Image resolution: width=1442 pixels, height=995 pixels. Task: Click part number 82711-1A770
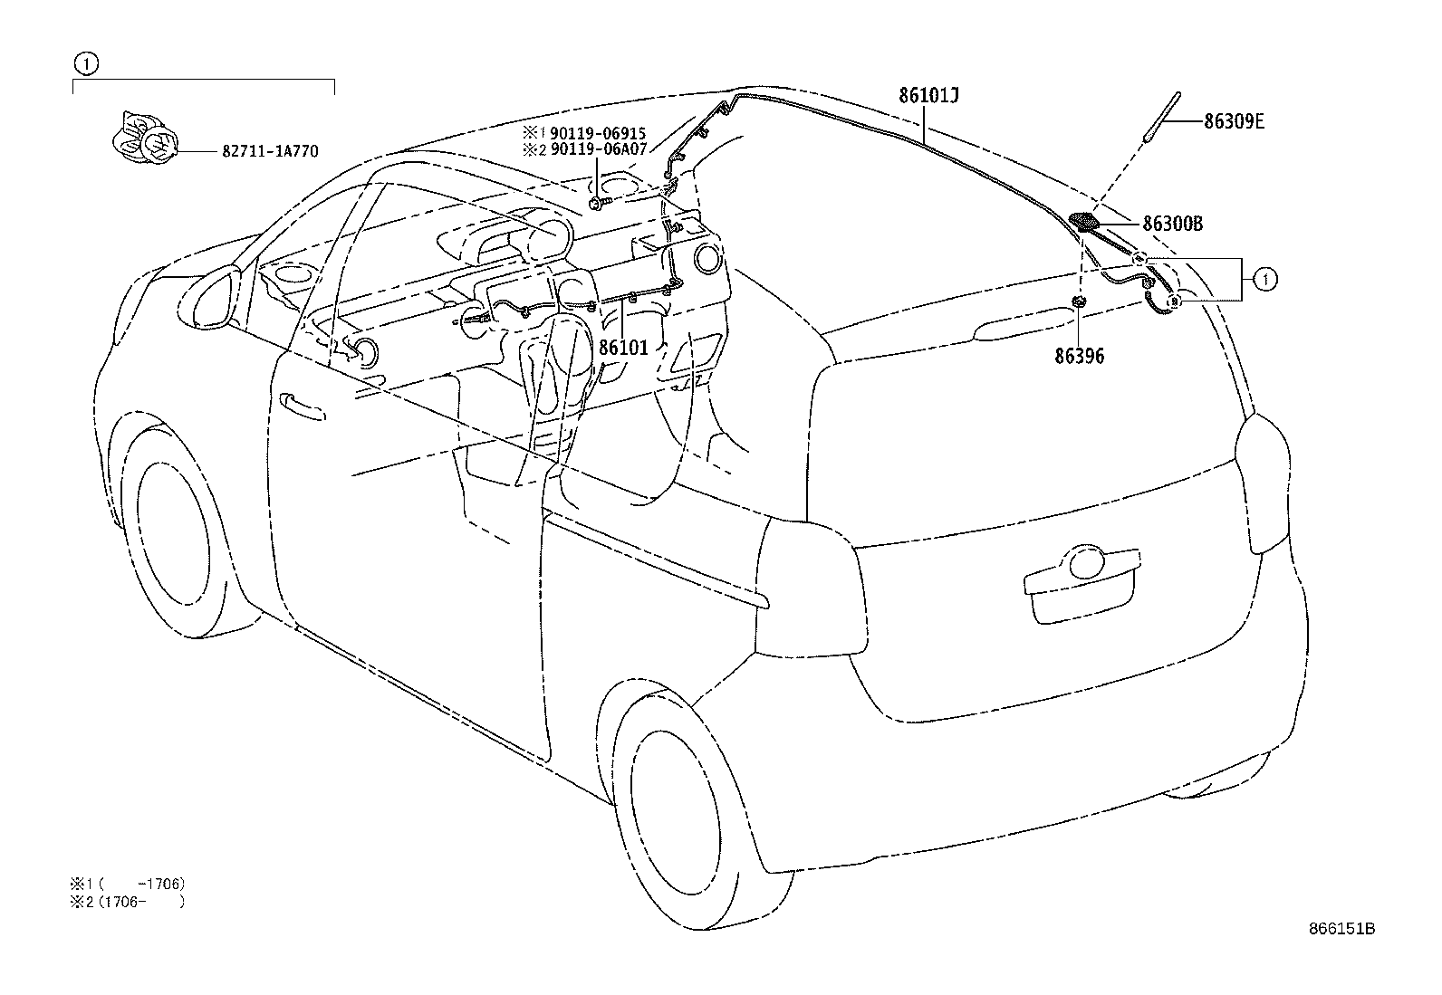(x=270, y=151)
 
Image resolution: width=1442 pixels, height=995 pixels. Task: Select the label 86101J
(x=929, y=95)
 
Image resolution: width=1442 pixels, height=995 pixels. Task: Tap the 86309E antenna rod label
(x=1234, y=121)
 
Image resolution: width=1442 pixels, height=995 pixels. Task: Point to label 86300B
(x=1172, y=224)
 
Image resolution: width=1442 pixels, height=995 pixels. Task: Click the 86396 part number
(x=1079, y=356)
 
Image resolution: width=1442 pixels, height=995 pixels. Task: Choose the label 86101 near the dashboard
(x=623, y=348)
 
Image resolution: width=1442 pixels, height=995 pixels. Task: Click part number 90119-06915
(x=598, y=133)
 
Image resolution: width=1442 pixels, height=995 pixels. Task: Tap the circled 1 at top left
(x=86, y=63)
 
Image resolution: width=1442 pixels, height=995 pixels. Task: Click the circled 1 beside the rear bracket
(x=1265, y=280)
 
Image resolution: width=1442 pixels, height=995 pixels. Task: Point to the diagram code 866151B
(x=1341, y=929)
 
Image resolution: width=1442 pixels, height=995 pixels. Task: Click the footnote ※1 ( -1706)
(x=128, y=884)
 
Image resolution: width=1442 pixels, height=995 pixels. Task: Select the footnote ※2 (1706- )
(x=128, y=902)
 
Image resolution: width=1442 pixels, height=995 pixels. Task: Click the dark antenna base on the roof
(x=1085, y=222)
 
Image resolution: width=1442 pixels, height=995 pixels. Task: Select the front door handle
(x=302, y=407)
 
